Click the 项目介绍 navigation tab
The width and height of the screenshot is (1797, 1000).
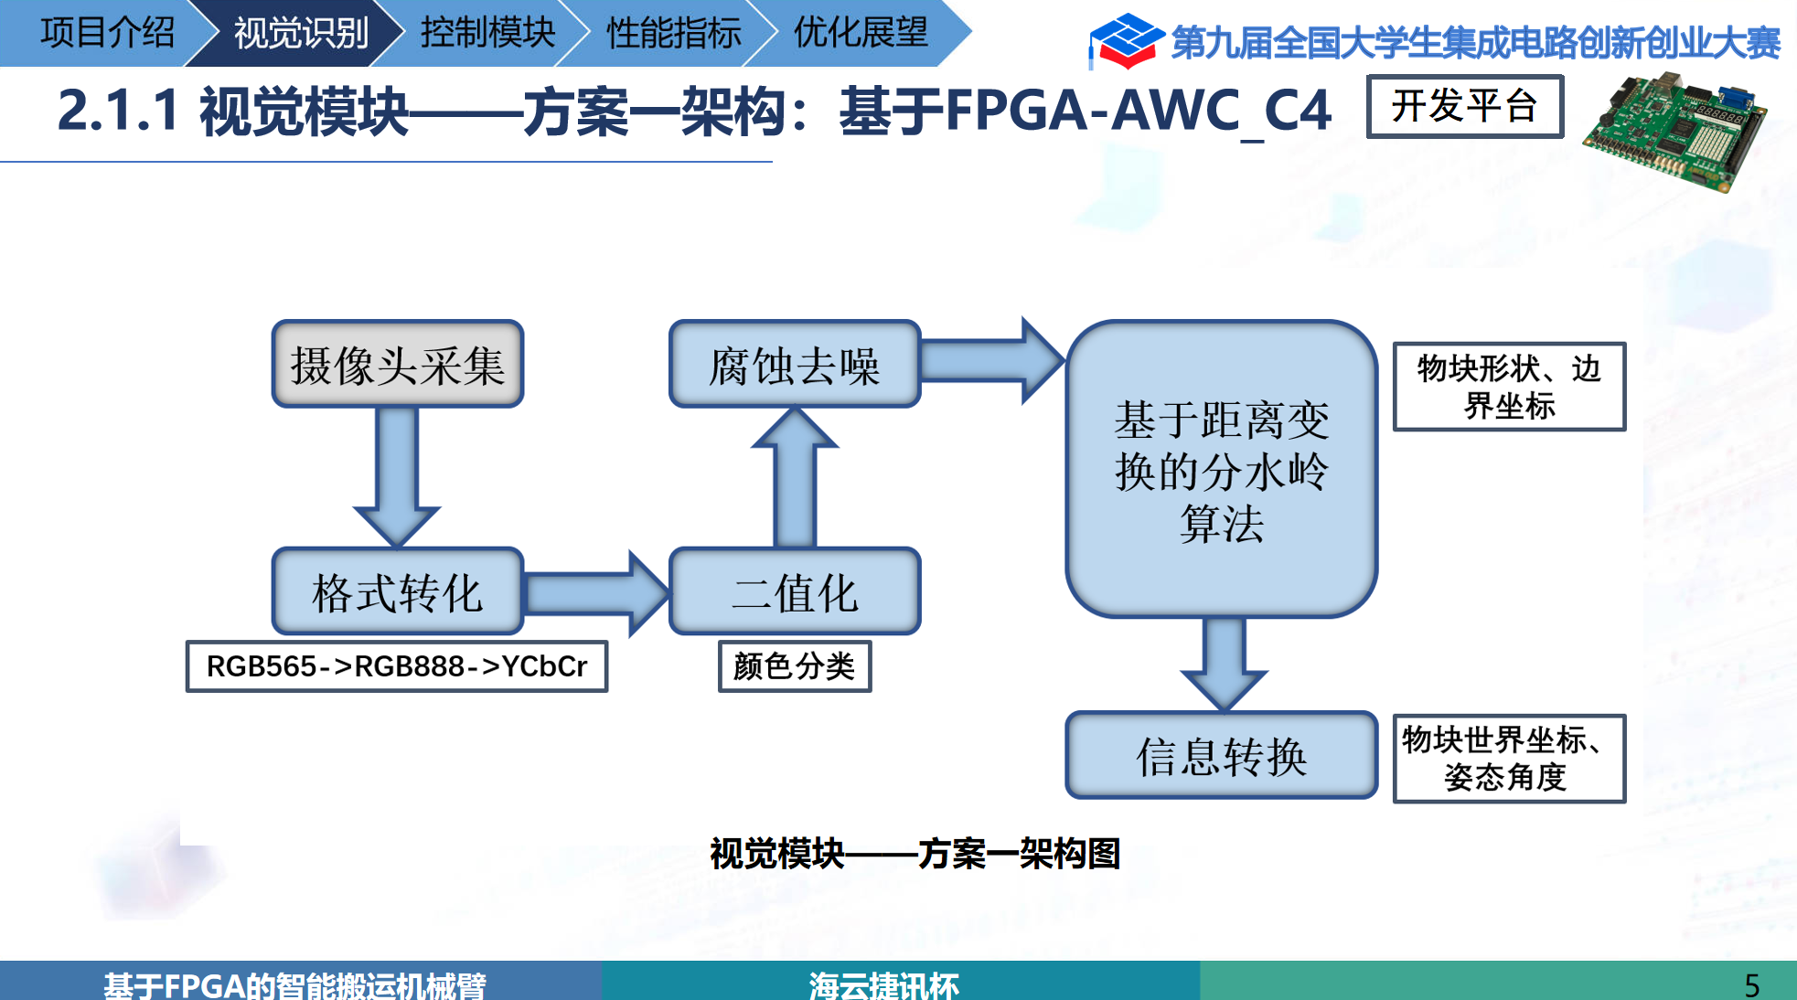pyautogui.click(x=106, y=33)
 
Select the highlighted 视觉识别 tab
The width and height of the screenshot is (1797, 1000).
pyautogui.click(x=300, y=33)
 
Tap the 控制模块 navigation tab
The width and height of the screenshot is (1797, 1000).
pyautogui.click(x=487, y=33)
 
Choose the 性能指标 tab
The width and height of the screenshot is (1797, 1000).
pyautogui.click(x=673, y=33)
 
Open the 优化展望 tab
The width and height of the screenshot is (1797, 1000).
pyautogui.click(x=860, y=33)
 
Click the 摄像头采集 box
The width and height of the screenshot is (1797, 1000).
pyautogui.click(x=397, y=365)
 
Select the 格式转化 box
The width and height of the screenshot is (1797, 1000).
pyautogui.click(x=397, y=591)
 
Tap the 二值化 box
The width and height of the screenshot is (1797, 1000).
pyautogui.click(x=794, y=591)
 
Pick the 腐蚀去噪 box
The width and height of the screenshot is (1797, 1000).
pyautogui.click(x=794, y=365)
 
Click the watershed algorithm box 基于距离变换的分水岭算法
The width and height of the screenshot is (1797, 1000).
pyautogui.click(x=1221, y=470)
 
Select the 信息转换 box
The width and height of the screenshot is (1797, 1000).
pyautogui.click(x=1221, y=755)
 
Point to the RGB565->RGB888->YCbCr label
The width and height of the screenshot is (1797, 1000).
pyautogui.click(x=396, y=666)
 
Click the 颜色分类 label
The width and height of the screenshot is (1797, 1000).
pyautogui.click(x=794, y=666)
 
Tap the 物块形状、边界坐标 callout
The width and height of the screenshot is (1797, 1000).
pyautogui.click(x=1509, y=387)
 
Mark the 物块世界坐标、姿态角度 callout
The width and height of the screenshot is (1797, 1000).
pyautogui.click(x=1509, y=759)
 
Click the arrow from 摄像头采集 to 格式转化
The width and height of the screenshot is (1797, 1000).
pyautogui.click(x=397, y=475)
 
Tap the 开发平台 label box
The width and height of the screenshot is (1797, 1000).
pyautogui.click(x=1464, y=107)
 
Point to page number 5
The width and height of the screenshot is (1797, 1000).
pyautogui.click(x=1751, y=984)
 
